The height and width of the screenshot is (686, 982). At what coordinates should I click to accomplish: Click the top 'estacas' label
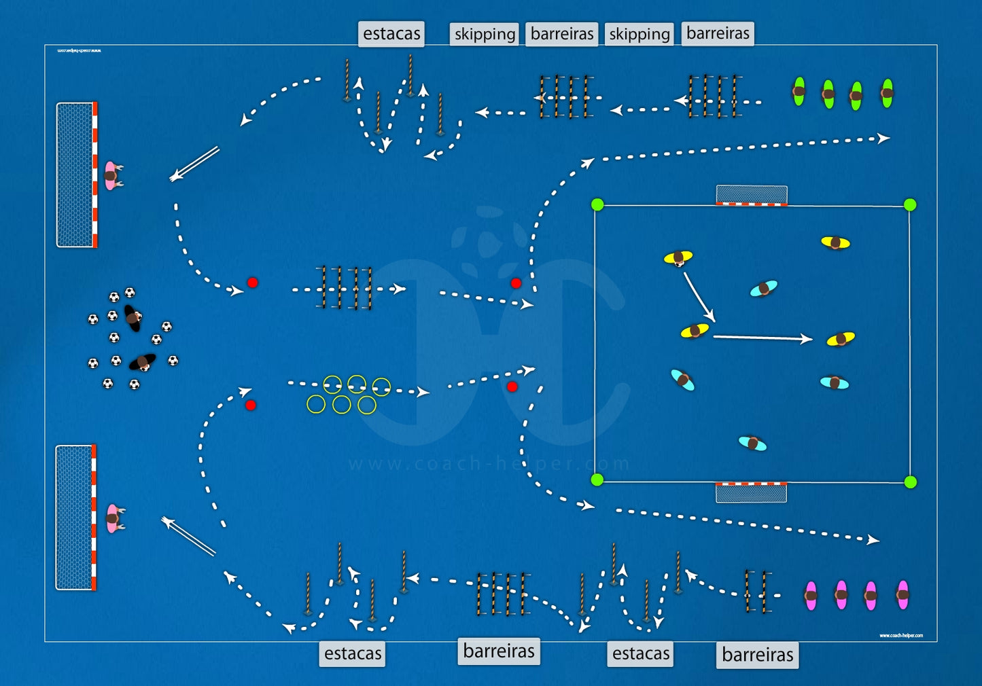[391, 33]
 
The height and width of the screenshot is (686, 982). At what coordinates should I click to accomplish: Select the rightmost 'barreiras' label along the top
[718, 33]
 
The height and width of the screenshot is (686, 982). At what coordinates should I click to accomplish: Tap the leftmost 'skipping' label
[485, 34]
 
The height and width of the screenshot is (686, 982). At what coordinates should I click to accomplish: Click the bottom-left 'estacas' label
[353, 653]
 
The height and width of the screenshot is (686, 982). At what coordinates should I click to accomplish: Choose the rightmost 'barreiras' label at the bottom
[757, 655]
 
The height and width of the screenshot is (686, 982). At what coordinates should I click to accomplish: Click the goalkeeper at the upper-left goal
[111, 175]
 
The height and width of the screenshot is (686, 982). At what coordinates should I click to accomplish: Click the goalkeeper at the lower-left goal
[113, 518]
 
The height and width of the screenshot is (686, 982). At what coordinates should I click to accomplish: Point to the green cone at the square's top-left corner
[597, 204]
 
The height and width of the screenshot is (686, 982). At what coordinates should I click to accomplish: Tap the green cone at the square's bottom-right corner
[910, 482]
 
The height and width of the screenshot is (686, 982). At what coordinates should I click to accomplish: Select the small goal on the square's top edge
[752, 195]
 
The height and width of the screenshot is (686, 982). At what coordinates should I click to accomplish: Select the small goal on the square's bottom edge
[751, 492]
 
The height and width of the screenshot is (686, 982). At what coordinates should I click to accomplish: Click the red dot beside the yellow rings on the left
[251, 405]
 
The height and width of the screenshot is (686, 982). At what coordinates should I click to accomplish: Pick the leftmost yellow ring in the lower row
[316, 404]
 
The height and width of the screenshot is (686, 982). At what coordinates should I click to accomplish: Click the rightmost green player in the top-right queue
[887, 94]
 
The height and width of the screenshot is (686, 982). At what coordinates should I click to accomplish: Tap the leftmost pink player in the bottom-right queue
[811, 596]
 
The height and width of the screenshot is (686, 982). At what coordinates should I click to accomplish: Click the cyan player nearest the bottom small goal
[752, 444]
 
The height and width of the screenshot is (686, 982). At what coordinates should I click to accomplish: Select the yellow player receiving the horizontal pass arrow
[841, 339]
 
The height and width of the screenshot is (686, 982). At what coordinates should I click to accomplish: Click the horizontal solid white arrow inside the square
[761, 338]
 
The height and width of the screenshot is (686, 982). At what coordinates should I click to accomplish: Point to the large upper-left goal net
[75, 175]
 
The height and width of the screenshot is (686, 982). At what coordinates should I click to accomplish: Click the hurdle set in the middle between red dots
[345, 289]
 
